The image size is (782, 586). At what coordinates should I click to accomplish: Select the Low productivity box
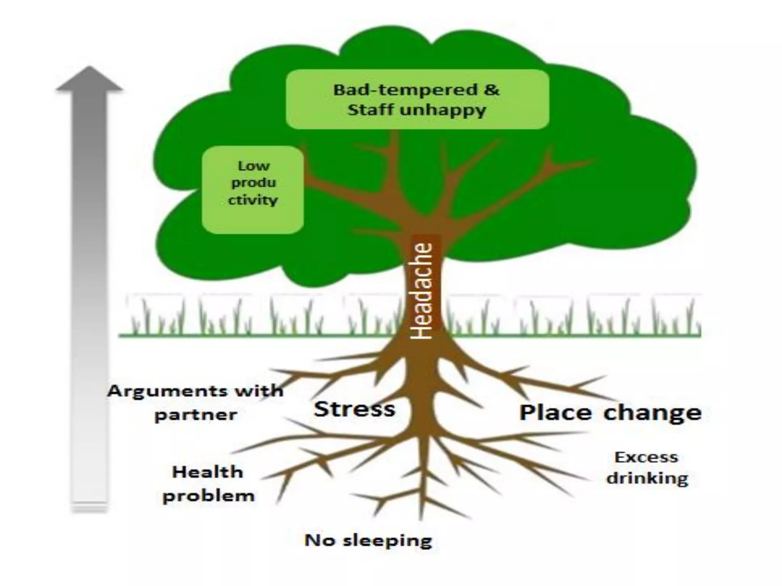[253, 190]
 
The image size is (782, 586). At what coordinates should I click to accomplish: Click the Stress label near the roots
[354, 409]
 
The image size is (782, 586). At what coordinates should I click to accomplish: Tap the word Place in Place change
[555, 413]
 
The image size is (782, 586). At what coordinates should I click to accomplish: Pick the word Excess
[646, 457]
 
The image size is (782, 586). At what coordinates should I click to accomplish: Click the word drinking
[648, 478]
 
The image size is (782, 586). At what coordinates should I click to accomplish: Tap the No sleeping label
[368, 540]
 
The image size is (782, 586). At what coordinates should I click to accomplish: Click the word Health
[208, 472]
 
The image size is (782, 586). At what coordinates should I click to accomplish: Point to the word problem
[208, 496]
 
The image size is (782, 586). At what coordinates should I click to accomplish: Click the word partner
[195, 415]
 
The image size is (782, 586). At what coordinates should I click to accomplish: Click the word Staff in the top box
[370, 110]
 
